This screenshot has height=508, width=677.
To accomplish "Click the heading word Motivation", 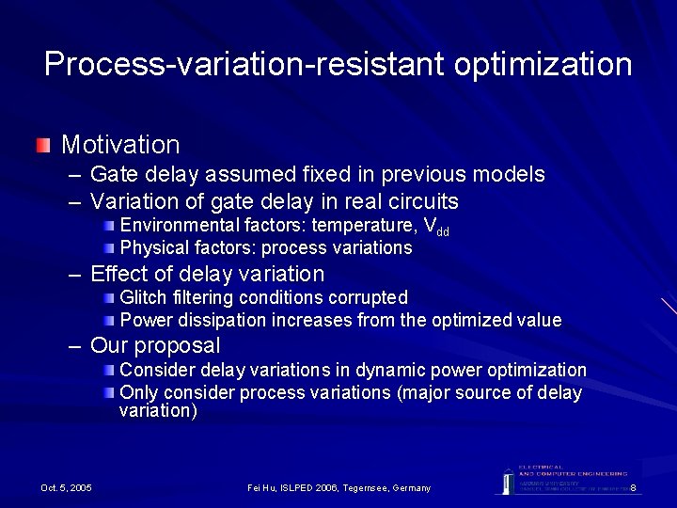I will coord(120,145).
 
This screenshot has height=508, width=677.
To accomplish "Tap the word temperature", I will coord(364,225).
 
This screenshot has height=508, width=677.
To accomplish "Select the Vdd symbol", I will coord(436,227).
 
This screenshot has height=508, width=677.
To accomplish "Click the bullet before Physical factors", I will coord(111,247).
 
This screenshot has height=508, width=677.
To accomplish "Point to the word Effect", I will coord(118,274).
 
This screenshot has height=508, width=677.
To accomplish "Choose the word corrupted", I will coord(368,297).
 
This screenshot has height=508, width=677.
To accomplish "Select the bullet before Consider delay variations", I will coord(111,370).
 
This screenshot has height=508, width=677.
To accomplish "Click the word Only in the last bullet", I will coord(138,392).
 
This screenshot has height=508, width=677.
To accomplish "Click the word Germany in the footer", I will coord(406,487).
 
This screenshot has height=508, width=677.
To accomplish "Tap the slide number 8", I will coord(634,487).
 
